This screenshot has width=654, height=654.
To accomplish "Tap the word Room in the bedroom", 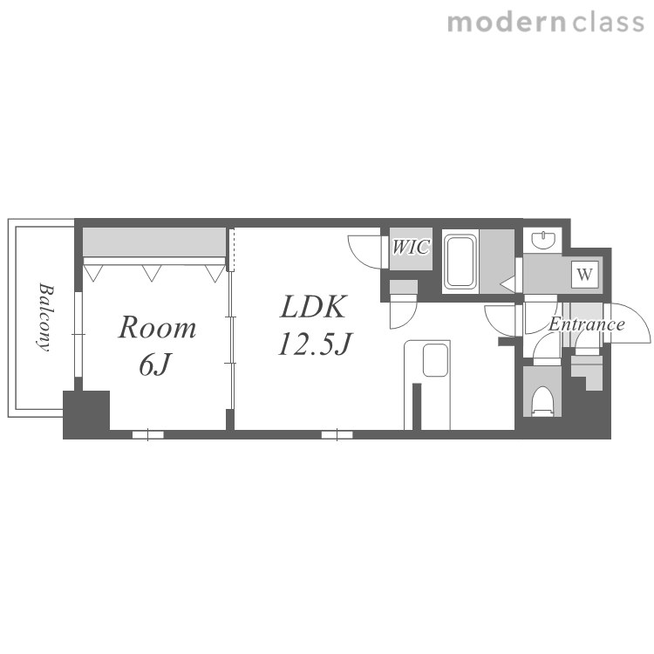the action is pos(157,328).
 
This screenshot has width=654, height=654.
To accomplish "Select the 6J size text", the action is pos(154,364).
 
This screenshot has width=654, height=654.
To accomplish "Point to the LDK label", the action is pos(313,307).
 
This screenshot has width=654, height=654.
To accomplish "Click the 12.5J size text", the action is pos(315,344).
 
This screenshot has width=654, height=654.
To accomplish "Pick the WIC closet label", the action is pos(411,248).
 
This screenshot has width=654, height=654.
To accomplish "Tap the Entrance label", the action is pos(587,324).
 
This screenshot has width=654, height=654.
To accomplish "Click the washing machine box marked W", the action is pos(585,274).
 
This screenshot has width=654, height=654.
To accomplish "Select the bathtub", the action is pos(460,262).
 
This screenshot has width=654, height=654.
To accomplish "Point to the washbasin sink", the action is pos(543,240).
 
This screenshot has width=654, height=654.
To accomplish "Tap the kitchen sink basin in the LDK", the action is pos(435,360).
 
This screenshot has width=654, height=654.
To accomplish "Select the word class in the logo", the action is pos(609,23).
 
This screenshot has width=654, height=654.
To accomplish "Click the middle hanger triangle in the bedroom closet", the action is pos(152,273).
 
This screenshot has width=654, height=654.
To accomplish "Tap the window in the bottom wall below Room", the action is pos(147,434).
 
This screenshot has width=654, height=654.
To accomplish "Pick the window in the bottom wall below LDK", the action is pos(337,434).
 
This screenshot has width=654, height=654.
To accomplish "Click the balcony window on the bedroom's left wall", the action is pos(78,334).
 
